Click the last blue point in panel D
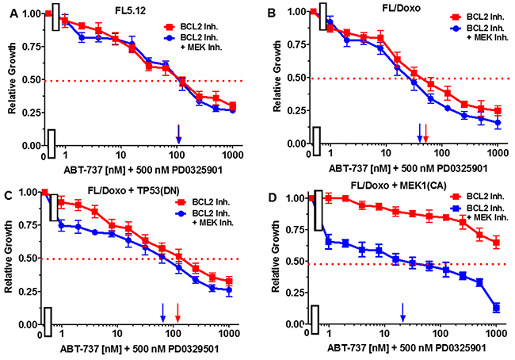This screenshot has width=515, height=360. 496,307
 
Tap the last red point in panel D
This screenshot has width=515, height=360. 496,243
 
